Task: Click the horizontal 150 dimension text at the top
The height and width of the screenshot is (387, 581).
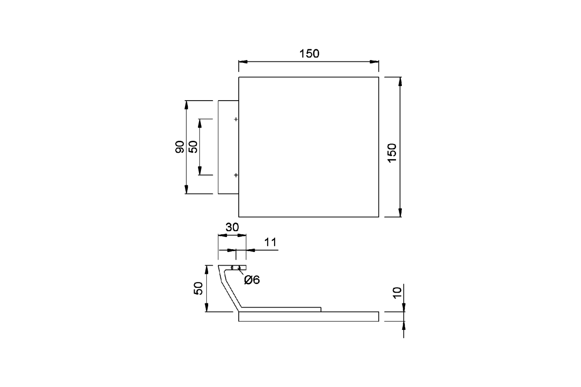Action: (x=309, y=54)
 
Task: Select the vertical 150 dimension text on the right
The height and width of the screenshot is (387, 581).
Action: (x=392, y=153)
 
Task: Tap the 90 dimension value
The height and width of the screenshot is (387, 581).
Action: (x=180, y=147)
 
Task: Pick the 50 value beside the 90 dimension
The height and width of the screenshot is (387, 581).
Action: (x=193, y=147)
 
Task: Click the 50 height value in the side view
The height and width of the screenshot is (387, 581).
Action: (x=198, y=288)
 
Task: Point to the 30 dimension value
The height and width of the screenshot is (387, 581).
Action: (x=232, y=227)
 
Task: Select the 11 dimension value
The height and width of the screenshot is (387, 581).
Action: (x=270, y=242)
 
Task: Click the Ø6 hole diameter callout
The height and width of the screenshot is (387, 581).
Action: (x=252, y=280)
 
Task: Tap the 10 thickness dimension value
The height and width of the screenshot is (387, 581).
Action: (x=398, y=293)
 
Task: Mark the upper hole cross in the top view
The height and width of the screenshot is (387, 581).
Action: (x=236, y=119)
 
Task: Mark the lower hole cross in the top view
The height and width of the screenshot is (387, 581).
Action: (x=236, y=175)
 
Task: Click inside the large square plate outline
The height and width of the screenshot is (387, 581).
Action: (x=308, y=147)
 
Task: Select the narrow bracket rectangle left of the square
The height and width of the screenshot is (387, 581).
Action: (x=228, y=147)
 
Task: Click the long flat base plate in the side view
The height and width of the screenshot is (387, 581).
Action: (x=308, y=317)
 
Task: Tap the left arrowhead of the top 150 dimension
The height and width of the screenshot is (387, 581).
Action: (x=243, y=62)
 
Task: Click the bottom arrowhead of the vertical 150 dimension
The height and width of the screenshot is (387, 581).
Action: (x=400, y=213)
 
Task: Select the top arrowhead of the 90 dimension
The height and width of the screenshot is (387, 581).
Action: (x=186, y=104)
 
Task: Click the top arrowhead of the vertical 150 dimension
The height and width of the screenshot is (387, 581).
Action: (x=400, y=81)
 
